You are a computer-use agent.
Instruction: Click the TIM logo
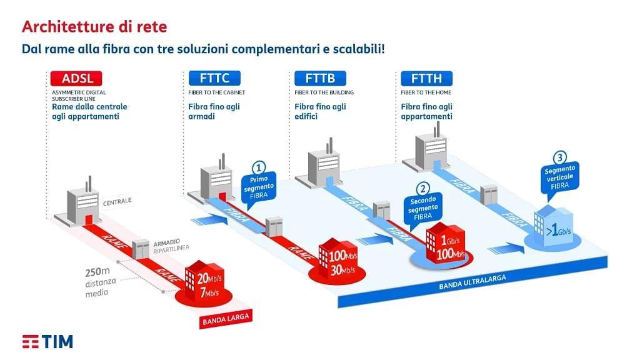point(48,341)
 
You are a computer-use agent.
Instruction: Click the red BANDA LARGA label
point(226,319)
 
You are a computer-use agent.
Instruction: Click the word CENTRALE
point(117,201)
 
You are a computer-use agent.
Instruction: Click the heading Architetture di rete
point(94,27)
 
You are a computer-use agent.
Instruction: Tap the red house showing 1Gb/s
point(444,242)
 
